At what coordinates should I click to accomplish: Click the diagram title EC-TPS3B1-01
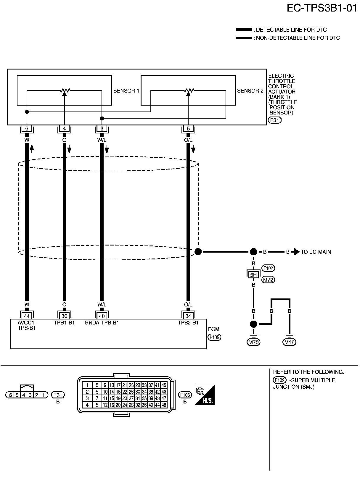click(x=322, y=8)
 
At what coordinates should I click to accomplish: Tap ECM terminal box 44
click(x=27, y=316)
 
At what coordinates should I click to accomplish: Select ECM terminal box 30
click(x=64, y=316)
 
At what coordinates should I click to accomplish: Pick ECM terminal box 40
click(x=102, y=316)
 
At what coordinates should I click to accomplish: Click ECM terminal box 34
click(x=188, y=316)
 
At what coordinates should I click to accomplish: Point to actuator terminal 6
click(x=27, y=129)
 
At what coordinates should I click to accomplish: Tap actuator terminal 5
click(x=188, y=129)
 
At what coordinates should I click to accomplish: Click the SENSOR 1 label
click(x=126, y=91)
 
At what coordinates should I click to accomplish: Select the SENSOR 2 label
click(x=250, y=91)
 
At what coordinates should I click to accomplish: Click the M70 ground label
click(x=253, y=342)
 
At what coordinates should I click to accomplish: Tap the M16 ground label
click(x=290, y=342)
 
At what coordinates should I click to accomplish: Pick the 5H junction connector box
click(x=253, y=274)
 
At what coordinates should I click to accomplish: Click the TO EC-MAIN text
click(x=316, y=252)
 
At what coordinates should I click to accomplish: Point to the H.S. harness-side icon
click(x=205, y=395)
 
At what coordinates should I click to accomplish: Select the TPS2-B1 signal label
click(x=188, y=323)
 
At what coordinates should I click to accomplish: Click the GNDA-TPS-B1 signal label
click(x=102, y=323)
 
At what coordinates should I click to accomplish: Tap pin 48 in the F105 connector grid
click(x=164, y=405)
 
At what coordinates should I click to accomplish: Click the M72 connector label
click(x=268, y=280)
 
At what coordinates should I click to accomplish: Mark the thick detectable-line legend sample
click(x=244, y=30)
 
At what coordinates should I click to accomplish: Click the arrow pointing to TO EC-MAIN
click(x=295, y=252)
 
